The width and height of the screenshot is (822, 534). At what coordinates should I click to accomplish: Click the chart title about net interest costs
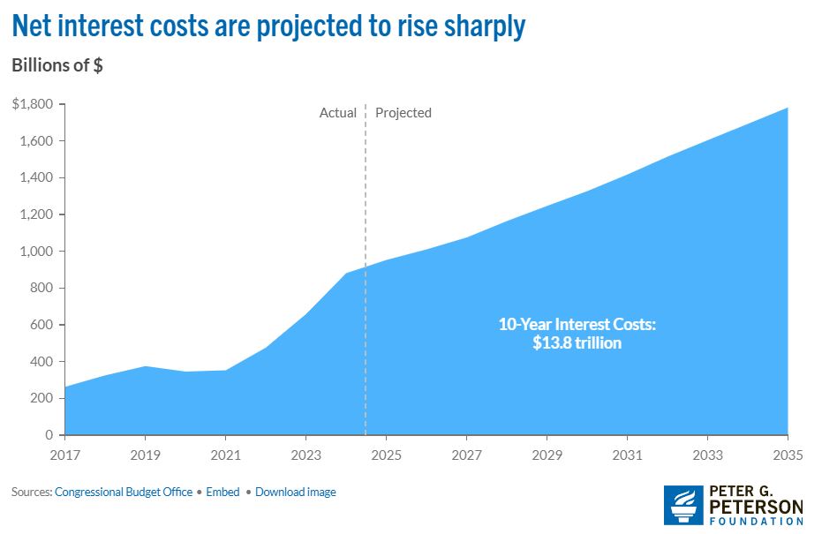268,26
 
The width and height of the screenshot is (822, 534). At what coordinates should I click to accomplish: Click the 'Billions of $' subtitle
57,66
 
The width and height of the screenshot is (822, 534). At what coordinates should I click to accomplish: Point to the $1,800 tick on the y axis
33,104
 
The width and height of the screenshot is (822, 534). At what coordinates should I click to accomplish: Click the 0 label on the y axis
49,435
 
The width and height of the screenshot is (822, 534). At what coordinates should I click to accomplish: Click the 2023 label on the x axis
305,455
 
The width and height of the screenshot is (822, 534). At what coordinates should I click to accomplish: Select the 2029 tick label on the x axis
547,455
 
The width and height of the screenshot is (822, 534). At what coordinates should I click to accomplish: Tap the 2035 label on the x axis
788,455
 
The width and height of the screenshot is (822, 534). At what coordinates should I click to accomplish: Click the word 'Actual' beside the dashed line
338,113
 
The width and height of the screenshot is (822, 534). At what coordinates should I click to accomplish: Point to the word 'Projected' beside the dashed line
403,113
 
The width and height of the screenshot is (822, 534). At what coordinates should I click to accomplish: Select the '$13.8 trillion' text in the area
577,343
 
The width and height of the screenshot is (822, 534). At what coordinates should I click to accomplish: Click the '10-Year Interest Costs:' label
577,325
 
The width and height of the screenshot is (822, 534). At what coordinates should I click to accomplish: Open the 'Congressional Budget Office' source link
124,492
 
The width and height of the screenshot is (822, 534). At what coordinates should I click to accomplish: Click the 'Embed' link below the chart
223,492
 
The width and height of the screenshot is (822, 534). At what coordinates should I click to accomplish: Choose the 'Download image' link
296,492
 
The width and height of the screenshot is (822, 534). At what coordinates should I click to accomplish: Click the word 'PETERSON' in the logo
758,507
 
